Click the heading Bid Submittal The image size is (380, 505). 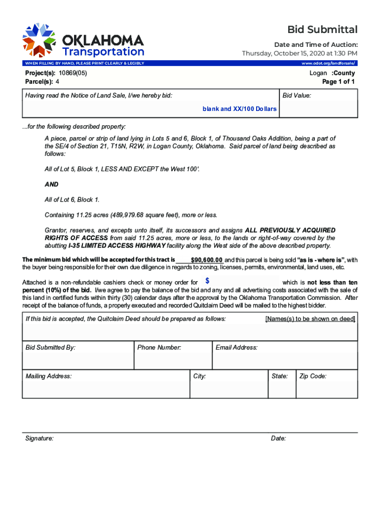(x=323, y=30)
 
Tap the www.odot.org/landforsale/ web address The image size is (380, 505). (x=328, y=64)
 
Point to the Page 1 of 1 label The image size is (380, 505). (x=338, y=82)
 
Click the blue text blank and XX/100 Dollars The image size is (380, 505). (x=239, y=108)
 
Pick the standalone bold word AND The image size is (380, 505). (x=51, y=184)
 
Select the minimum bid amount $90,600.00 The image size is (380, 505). (x=206, y=260)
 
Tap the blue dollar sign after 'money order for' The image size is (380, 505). (x=207, y=281)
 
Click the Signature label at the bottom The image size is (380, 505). (x=39, y=438)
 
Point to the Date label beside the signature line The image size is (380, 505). (x=278, y=438)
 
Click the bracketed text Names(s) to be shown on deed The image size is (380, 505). (x=310, y=319)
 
